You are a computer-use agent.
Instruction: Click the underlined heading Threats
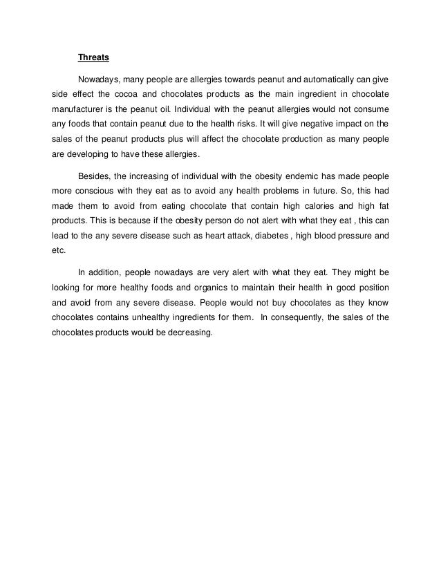[93, 58]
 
